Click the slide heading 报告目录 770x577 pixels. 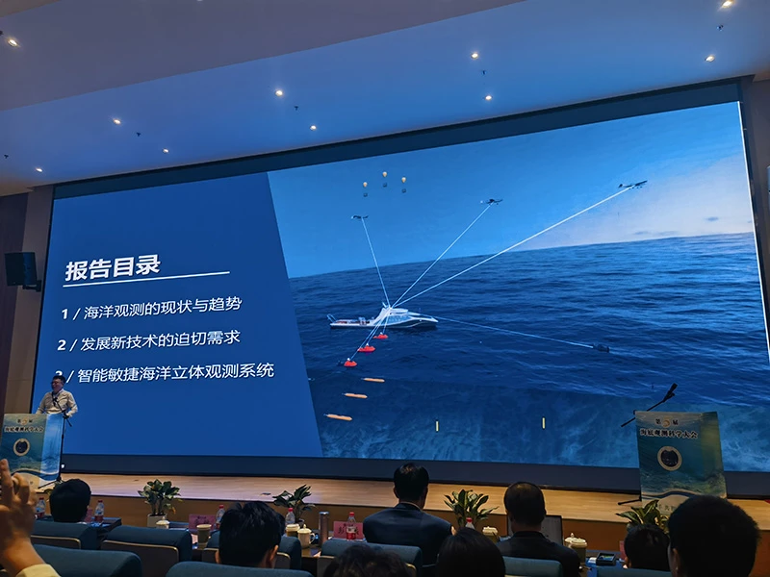(x=112, y=267)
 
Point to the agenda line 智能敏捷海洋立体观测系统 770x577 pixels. (x=168, y=371)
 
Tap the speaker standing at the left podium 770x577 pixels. (x=56, y=398)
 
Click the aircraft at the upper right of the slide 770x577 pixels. (x=632, y=184)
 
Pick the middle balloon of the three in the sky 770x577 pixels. (x=384, y=178)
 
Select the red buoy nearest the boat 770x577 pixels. (x=382, y=336)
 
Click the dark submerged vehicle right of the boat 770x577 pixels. (x=601, y=347)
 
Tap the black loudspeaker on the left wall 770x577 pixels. (x=20, y=269)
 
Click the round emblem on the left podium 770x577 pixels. (x=21, y=447)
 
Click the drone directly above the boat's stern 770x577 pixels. (x=360, y=218)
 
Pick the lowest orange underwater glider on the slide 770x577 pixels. (x=338, y=416)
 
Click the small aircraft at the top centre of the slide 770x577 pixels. (x=492, y=202)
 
